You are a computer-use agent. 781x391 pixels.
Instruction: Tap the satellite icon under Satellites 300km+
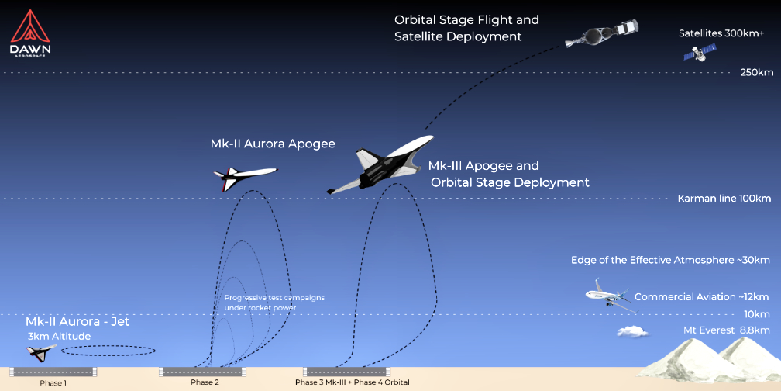[x=699, y=52]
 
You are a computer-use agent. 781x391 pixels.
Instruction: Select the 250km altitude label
[x=756, y=73]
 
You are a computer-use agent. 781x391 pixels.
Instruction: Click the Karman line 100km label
[x=724, y=199]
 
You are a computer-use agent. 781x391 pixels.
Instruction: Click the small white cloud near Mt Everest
[x=632, y=331]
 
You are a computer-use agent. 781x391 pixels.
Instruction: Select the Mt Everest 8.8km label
[x=726, y=330]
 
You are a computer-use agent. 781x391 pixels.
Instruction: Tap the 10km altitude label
[x=756, y=314]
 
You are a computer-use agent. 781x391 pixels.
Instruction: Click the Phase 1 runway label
[x=53, y=382]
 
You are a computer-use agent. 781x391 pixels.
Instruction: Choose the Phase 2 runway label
[x=205, y=382]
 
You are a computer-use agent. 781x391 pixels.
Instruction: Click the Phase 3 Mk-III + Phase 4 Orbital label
[x=352, y=382]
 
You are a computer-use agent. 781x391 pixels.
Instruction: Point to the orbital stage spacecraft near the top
[x=600, y=33]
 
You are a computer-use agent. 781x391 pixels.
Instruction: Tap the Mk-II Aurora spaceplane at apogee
[x=243, y=178]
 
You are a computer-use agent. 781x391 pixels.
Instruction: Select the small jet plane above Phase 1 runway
[x=40, y=352]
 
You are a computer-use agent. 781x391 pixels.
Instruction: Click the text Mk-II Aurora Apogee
[x=273, y=144]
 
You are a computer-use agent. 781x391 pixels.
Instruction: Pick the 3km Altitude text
[x=59, y=336]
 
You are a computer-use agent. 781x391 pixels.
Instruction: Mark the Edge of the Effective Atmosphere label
[x=670, y=260]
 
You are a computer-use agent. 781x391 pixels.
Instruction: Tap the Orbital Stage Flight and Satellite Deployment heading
[x=466, y=28]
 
